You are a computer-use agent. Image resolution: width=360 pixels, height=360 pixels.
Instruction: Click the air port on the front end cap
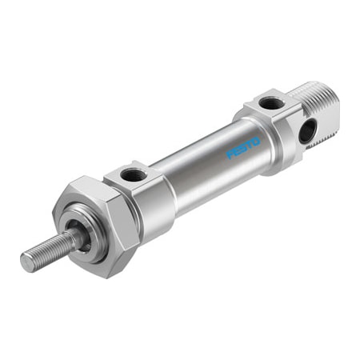[132, 175]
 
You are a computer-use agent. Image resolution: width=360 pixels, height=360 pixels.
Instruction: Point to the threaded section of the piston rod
[48, 250]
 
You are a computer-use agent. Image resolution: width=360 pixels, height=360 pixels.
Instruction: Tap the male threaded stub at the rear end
[322, 111]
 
